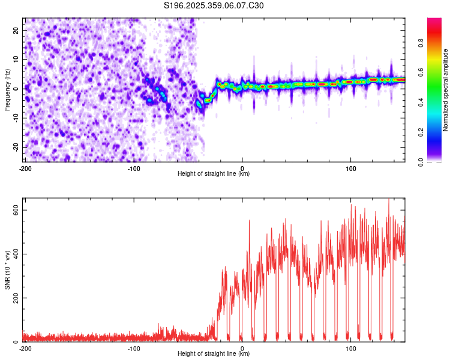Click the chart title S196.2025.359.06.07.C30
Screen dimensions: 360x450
click(x=214, y=6)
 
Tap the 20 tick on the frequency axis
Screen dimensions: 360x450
click(x=16, y=30)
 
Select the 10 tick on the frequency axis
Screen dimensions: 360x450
click(x=16, y=59)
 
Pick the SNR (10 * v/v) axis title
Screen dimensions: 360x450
click(x=8, y=270)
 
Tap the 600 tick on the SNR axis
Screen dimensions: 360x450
click(x=13, y=209)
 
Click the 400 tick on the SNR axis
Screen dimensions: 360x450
click(x=13, y=254)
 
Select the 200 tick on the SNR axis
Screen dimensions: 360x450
click(x=13, y=298)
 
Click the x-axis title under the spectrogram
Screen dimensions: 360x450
click(x=214, y=174)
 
